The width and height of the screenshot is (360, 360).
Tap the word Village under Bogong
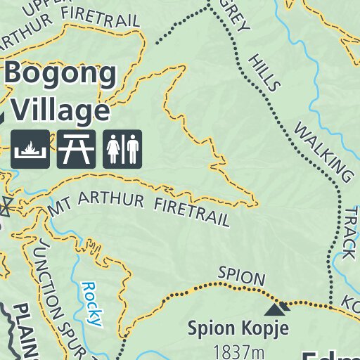tap(61, 110)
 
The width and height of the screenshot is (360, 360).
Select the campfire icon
tap(30, 149)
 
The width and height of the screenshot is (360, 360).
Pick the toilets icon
tap(122, 149)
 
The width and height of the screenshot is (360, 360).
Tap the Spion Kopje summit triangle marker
tap(276, 307)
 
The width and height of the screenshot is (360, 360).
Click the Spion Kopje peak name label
tap(238, 328)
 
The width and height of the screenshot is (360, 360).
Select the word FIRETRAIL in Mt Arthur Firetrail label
tap(191, 212)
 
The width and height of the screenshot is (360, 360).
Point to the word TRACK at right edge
tap(349, 232)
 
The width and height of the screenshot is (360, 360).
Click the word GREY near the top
tap(238, 18)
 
